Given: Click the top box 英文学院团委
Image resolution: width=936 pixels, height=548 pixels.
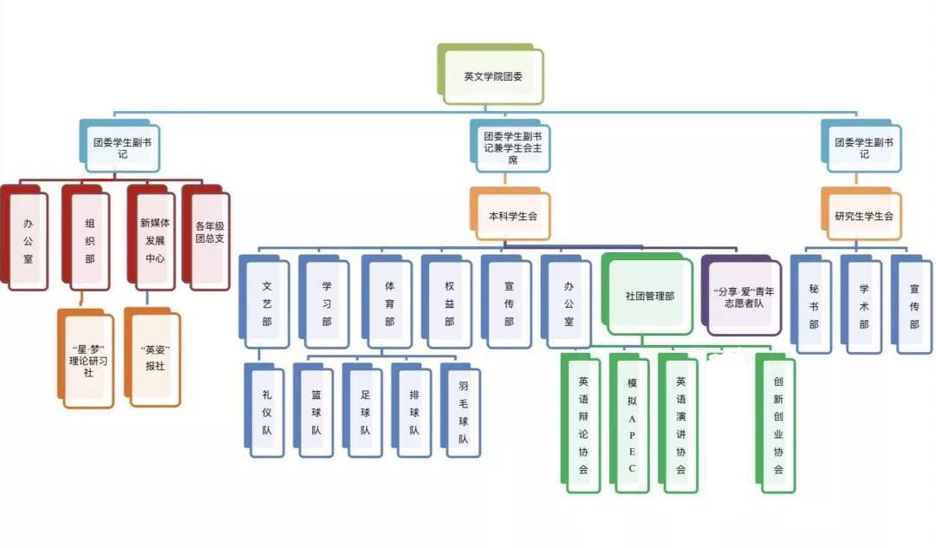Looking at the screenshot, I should pos(492,75).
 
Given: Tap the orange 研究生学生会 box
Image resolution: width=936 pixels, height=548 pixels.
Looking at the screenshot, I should pos(863,215).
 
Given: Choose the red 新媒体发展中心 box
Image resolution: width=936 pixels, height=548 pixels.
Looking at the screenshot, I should pos(154,238).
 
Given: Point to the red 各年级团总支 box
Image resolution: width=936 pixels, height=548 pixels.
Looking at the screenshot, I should pos(209,234).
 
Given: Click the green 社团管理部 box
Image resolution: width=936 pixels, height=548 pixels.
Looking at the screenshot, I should pos(650,295).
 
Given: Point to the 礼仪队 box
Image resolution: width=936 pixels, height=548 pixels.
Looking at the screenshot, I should pos(267,412).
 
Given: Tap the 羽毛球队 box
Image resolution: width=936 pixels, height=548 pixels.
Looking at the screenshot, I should pos(464,412).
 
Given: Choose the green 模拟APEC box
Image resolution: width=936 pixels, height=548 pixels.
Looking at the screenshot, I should pos(632,424).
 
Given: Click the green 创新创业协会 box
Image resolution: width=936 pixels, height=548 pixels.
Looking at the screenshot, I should pos(778,424).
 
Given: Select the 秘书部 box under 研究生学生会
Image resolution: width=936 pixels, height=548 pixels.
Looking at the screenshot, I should pos(814,305).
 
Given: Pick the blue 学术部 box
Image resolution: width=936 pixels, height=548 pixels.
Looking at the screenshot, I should pos(864,305).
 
